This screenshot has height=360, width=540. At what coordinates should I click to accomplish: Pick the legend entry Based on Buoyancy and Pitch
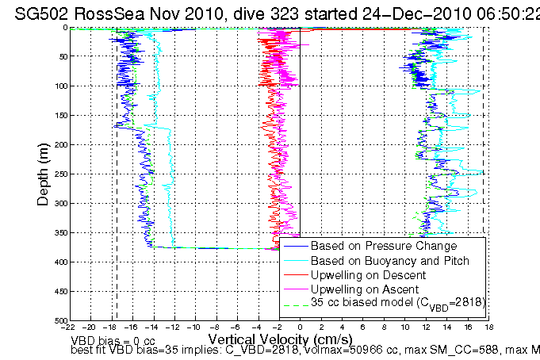click(x=379, y=261)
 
